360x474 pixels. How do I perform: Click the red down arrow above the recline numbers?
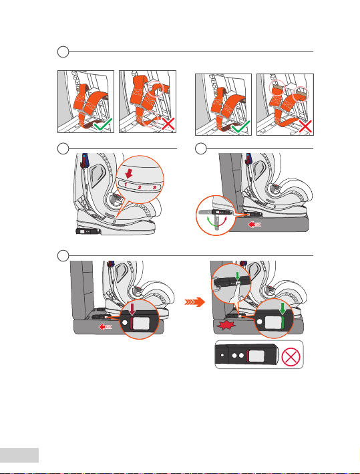coord(129,173)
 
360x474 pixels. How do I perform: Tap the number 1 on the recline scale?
coord(126,185)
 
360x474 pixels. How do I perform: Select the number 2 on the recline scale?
coord(140,187)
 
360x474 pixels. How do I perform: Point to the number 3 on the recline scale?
coord(154,188)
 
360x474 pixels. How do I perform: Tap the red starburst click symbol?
coord(224,326)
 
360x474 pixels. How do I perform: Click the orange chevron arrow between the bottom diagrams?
coord(195,302)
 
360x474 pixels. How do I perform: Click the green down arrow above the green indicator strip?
coord(283,308)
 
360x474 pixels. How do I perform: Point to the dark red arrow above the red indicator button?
coord(132,310)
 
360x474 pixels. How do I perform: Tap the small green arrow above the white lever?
coord(238,275)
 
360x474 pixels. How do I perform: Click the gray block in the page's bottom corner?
coord(19,455)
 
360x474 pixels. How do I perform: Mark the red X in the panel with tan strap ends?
coord(305,126)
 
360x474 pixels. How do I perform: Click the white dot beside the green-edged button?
coord(259,322)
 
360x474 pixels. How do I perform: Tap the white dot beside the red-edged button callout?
coord(125,322)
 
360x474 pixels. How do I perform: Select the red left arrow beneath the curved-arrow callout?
coord(254,225)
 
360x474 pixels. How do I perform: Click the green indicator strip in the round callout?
coord(283,323)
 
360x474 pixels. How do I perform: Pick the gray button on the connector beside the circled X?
coord(257,356)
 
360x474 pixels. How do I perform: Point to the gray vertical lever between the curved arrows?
coord(216,221)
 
